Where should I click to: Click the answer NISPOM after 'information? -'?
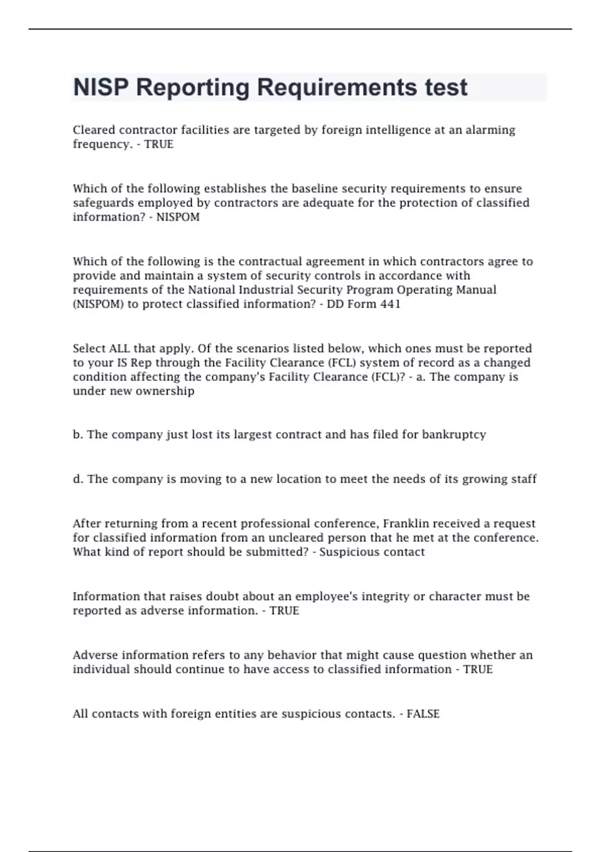(x=178, y=217)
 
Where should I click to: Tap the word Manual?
(x=477, y=290)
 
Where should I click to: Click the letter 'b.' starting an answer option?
(x=78, y=435)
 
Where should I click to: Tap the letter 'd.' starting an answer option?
(x=78, y=479)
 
